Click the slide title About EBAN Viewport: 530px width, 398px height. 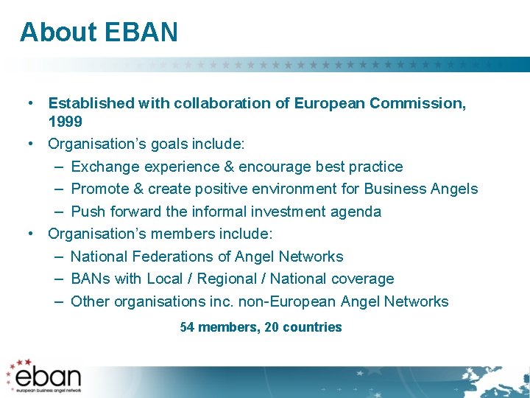[99, 32]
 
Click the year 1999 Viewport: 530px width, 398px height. [65, 121]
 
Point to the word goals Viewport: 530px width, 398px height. [163, 144]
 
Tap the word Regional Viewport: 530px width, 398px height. [227, 279]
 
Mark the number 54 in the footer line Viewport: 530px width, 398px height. [188, 327]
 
